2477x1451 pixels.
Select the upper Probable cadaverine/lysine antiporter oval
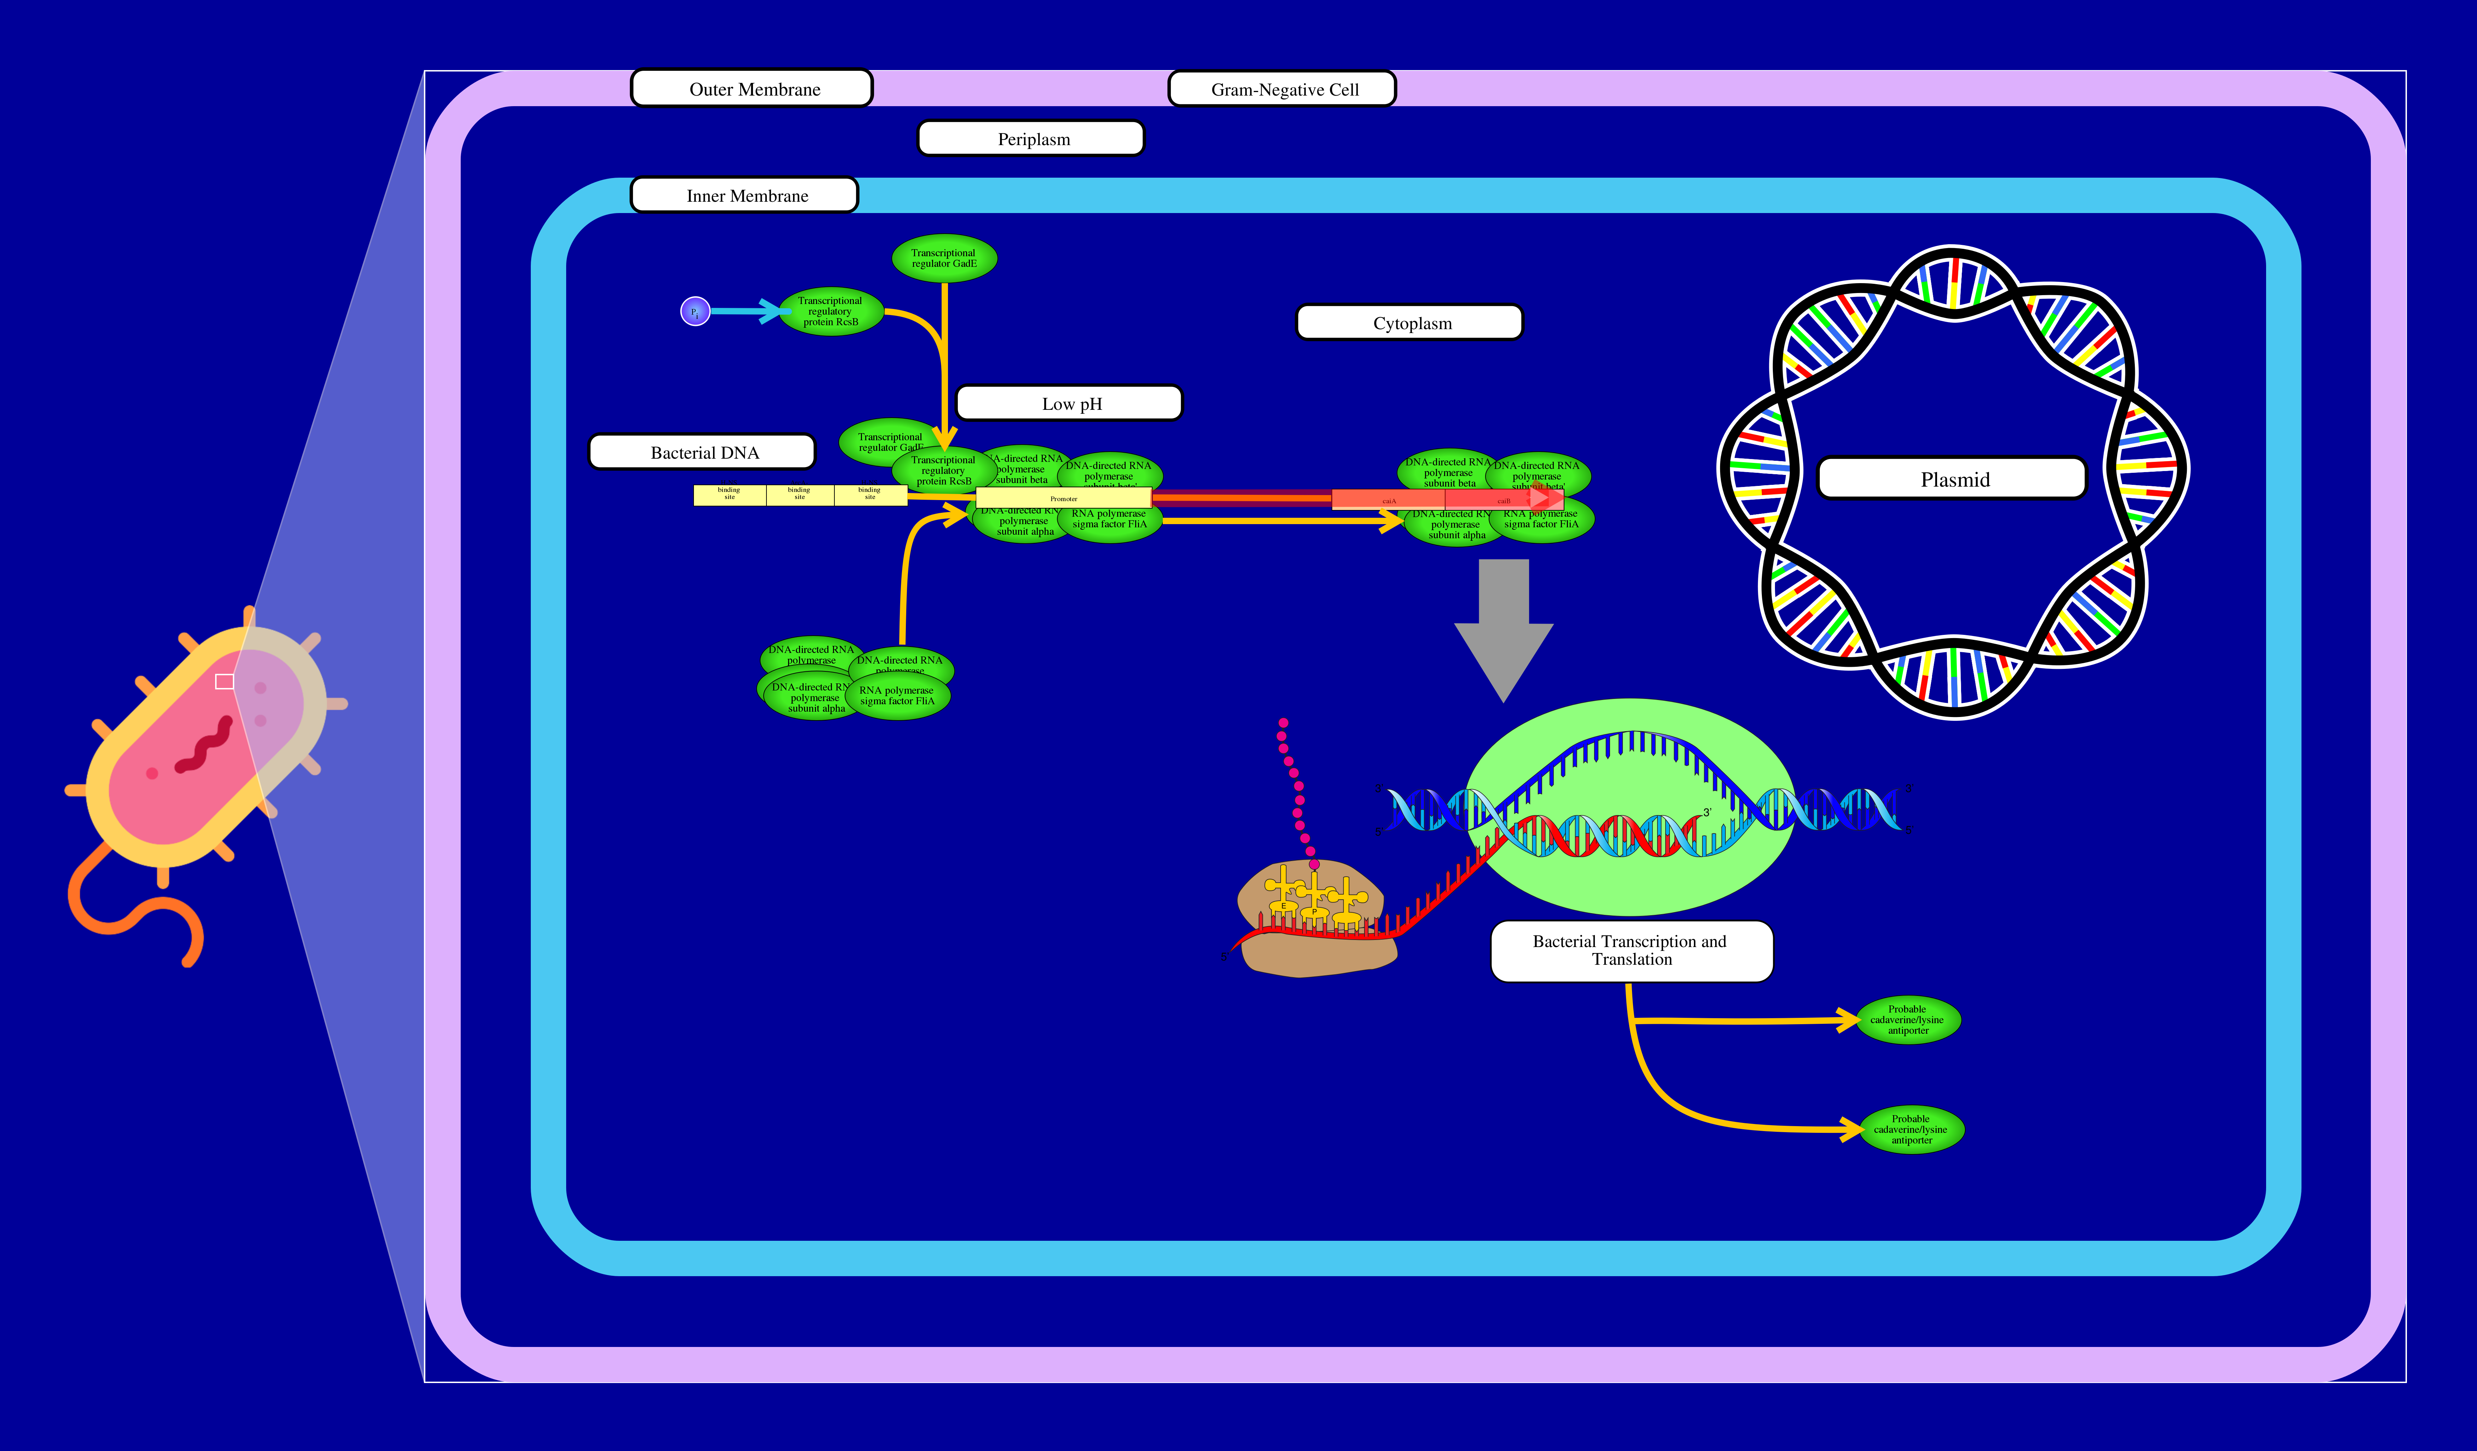(x=1908, y=1020)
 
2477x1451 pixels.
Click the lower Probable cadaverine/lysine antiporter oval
(x=1912, y=1130)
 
